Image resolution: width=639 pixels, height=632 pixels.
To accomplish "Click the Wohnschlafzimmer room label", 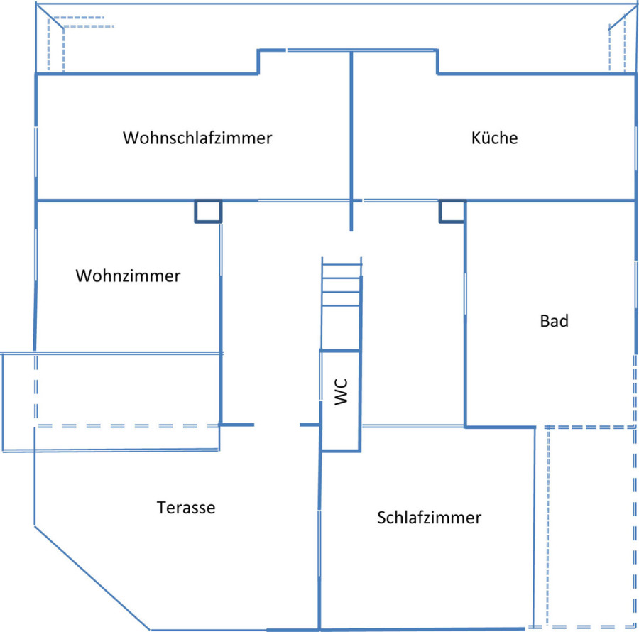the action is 197,138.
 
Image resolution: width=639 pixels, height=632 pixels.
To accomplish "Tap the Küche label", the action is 494,138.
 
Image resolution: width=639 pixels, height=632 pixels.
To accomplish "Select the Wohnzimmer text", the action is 128,276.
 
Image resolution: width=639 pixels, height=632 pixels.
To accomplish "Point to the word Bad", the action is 554,321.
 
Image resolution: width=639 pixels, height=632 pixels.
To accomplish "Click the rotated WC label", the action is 341,392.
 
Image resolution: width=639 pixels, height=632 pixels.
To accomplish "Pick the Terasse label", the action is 186,507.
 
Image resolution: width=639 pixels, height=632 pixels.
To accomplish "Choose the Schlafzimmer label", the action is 429,518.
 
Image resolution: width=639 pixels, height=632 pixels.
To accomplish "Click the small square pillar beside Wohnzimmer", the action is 208,211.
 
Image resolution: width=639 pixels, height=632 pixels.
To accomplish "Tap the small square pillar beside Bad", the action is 452,211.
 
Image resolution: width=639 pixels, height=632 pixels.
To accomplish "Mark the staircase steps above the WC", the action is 341,285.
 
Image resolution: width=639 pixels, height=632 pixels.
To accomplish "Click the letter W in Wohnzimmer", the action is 84,276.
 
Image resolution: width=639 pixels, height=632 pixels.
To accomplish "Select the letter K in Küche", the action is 476,138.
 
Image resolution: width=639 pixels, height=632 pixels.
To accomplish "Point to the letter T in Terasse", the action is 161,507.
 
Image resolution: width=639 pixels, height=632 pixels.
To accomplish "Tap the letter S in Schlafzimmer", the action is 381,518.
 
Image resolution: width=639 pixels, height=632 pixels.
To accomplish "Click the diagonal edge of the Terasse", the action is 92,578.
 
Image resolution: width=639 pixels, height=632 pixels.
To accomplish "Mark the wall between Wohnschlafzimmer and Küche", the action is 351,141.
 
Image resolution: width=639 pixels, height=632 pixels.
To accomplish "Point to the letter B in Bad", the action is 545,321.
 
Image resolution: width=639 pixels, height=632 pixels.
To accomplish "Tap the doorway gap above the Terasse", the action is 277,425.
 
